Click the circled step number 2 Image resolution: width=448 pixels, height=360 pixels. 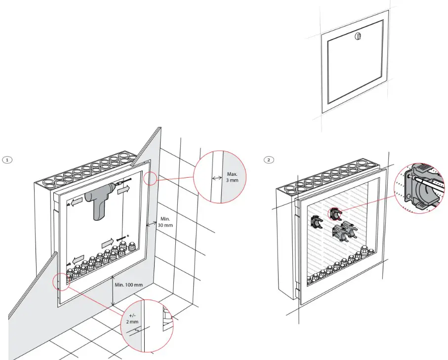(x=268, y=160)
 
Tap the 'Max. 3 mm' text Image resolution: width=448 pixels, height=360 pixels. (x=232, y=177)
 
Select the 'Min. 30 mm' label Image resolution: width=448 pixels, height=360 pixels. (x=165, y=222)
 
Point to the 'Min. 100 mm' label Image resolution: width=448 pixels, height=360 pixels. (x=129, y=284)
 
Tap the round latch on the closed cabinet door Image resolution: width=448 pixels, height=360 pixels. (x=358, y=35)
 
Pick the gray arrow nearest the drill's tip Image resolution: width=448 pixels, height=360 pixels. (x=123, y=189)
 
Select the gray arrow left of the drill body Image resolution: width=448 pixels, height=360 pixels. (x=76, y=202)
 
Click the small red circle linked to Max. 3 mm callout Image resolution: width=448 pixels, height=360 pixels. (x=151, y=178)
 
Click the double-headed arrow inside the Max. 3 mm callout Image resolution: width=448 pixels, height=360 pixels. (x=216, y=178)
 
